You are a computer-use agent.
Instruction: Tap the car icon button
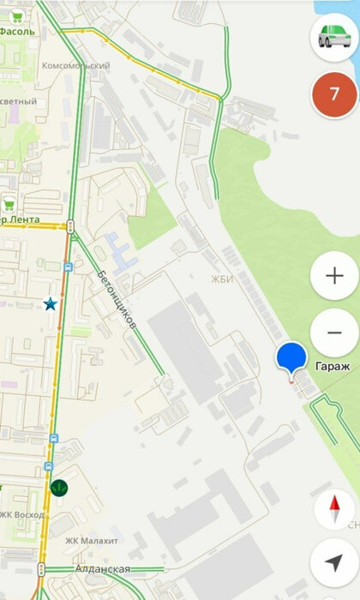point(334,37)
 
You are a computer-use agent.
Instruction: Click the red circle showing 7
point(334,94)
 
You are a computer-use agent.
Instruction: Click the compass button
point(334,512)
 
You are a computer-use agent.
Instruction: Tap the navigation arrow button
point(334,562)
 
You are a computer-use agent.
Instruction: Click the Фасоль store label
point(17,31)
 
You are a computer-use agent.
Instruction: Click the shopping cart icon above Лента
point(9,204)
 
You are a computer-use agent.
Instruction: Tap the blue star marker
point(51,303)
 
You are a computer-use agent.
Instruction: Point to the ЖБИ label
point(222,279)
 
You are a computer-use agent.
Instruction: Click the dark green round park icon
point(59,487)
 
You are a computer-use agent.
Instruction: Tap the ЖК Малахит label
point(92,541)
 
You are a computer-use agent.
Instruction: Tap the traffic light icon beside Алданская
point(40,568)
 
